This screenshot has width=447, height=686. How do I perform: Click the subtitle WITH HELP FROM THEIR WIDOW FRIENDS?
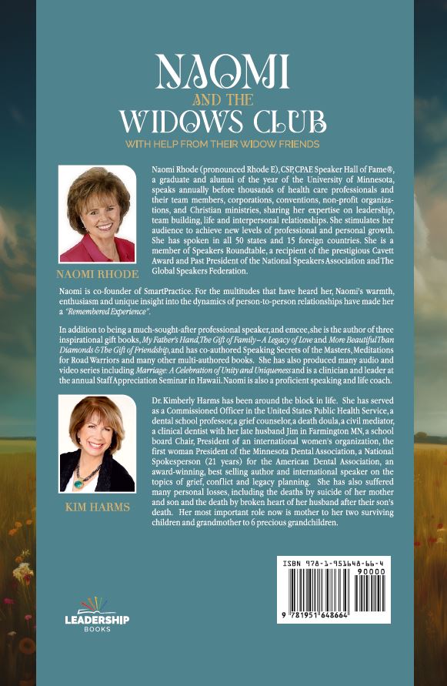(x=223, y=143)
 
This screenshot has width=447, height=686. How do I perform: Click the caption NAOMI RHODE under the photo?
(x=97, y=274)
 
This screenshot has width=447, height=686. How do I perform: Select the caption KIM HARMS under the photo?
(x=97, y=509)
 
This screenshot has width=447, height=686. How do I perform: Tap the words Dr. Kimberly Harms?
(x=190, y=403)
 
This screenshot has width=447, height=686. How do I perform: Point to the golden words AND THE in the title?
(x=224, y=100)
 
